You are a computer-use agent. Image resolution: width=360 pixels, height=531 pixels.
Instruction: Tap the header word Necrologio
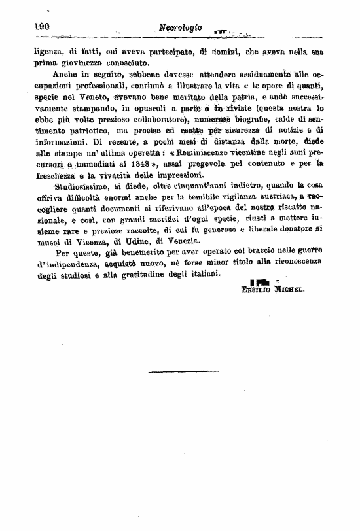181,28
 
